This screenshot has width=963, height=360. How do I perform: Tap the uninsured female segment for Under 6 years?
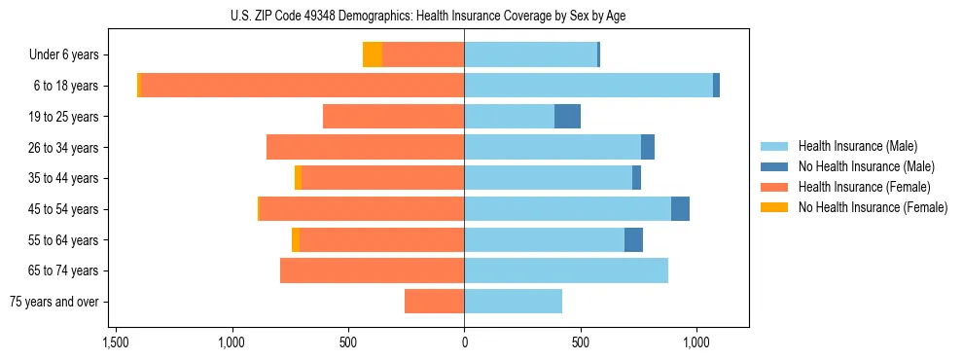pyautogui.click(x=372, y=54)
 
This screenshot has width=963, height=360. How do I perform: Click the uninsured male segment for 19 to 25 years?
pyautogui.click(x=567, y=117)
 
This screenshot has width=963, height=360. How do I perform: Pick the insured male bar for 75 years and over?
pyautogui.click(x=513, y=302)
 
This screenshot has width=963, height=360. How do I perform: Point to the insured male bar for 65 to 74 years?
pyautogui.click(x=566, y=270)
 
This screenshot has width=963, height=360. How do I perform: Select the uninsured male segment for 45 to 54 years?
pyautogui.click(x=680, y=209)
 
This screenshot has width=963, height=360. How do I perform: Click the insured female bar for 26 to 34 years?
pyautogui.click(x=365, y=147)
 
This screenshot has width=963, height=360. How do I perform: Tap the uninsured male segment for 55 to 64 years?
pyautogui.click(x=633, y=239)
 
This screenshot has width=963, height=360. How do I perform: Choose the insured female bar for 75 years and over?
pyautogui.click(x=434, y=302)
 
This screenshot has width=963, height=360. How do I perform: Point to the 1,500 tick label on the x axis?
pyautogui.click(x=116, y=343)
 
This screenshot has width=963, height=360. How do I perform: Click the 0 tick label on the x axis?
pyautogui.click(x=464, y=343)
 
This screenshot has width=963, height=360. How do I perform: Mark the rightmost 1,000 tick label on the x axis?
pyautogui.click(x=696, y=343)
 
